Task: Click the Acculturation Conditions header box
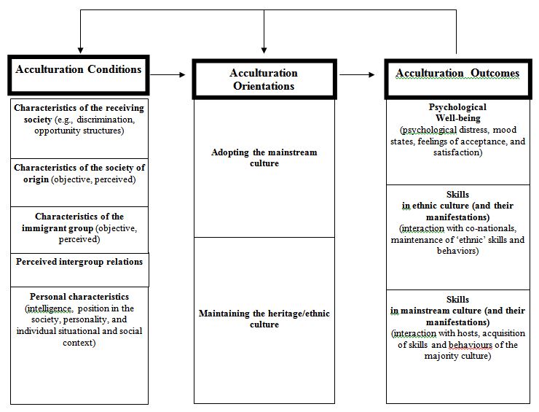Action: [x=79, y=70]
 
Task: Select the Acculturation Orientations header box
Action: [x=264, y=79]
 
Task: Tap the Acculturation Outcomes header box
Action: [x=457, y=74]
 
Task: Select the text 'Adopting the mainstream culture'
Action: [x=264, y=158]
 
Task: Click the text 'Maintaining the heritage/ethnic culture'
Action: [x=264, y=319]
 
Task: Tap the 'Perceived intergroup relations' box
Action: [x=79, y=261]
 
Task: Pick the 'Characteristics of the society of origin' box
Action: [x=79, y=174]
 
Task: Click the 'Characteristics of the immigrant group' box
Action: [x=79, y=227]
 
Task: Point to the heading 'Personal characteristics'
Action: [x=79, y=297]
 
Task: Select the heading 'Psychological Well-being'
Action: [x=457, y=112]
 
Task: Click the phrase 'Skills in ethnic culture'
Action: [x=457, y=206]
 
